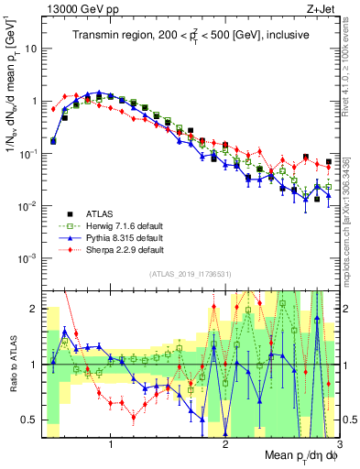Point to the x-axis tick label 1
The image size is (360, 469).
[111, 444]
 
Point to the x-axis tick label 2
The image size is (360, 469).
[225, 444]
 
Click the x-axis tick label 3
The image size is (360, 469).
[338, 444]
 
